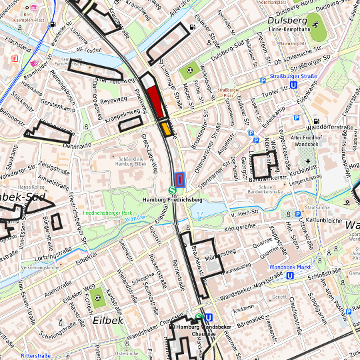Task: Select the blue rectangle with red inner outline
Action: click(179, 179)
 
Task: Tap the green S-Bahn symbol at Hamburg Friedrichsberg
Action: click(173, 191)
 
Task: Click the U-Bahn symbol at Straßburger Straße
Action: click(294, 85)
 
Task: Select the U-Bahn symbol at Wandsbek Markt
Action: click(290, 275)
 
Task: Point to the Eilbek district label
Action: click(108, 321)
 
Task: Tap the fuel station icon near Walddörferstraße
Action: click(316, 121)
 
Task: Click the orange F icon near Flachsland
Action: click(15, 59)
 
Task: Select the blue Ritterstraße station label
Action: click(35, 356)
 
